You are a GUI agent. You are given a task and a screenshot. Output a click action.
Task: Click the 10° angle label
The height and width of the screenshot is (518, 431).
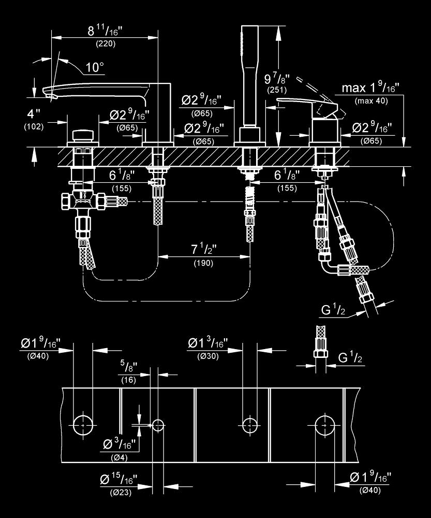point(95,67)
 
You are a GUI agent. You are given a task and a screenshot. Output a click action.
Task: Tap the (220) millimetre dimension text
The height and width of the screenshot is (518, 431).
point(106,44)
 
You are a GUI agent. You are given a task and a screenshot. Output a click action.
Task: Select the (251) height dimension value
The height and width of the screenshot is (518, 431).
point(274,90)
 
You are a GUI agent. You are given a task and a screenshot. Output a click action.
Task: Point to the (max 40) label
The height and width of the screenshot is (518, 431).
point(371,100)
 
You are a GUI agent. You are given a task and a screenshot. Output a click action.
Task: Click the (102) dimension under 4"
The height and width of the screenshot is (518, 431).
point(33,126)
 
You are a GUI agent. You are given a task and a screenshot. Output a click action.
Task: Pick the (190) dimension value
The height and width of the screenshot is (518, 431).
point(203,263)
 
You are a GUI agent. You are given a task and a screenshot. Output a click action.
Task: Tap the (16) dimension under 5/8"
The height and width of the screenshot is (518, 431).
point(128,380)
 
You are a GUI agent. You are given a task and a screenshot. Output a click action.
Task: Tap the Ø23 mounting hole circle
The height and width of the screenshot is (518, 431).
point(157,425)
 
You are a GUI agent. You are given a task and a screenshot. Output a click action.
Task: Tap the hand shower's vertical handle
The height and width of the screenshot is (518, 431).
point(250,78)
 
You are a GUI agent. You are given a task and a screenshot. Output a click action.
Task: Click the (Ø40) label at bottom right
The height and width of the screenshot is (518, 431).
point(370,490)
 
